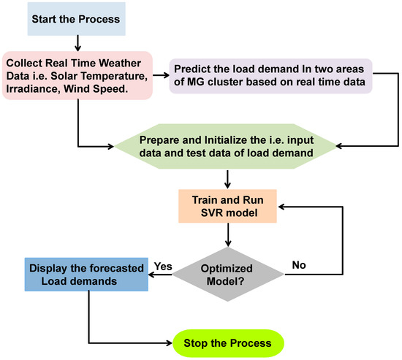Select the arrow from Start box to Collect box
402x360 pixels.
point(76,42)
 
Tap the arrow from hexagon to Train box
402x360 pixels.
point(230,179)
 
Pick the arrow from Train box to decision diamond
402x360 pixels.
point(230,236)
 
